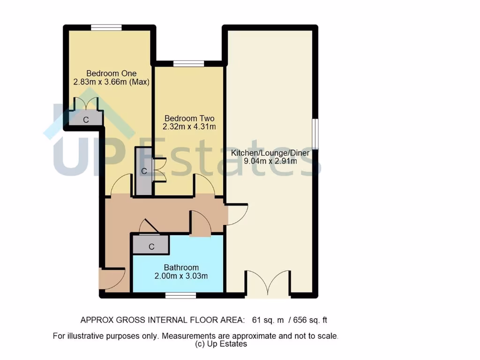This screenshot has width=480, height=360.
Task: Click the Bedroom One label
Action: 111,73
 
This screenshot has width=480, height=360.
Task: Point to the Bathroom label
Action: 181,268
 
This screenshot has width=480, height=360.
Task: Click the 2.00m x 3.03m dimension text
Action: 181,276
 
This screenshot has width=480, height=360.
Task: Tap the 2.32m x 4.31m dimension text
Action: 189,127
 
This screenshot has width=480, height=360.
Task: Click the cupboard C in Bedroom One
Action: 85,120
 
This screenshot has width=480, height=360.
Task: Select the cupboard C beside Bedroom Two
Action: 144,171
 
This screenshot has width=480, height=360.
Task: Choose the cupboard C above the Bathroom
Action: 151,246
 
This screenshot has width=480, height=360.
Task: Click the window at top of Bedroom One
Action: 106,28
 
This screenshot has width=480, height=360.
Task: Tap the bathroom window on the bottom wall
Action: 180,295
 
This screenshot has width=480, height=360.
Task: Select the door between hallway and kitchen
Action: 237,213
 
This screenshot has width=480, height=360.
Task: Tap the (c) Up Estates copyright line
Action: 221,344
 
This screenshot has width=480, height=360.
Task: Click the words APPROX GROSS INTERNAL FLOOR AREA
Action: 162,321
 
